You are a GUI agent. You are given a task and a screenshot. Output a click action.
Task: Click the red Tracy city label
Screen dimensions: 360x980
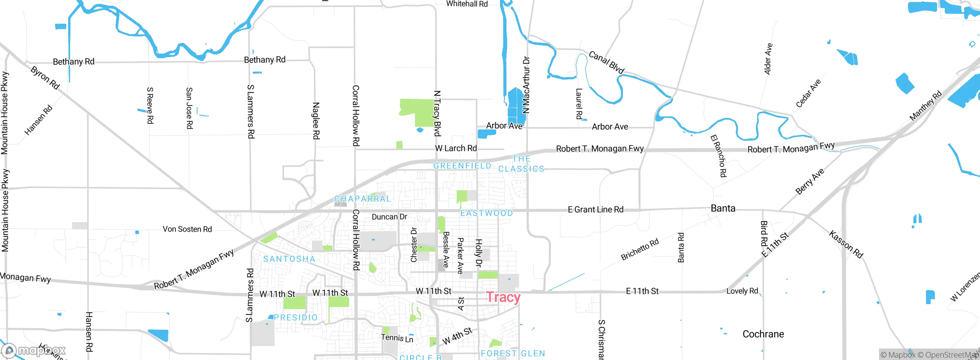click(503, 297)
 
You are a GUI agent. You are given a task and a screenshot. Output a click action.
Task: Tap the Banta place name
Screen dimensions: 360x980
click(723, 208)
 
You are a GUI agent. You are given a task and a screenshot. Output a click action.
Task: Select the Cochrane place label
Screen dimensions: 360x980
click(763, 334)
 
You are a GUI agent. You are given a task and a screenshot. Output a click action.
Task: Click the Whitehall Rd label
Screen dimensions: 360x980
click(467, 4)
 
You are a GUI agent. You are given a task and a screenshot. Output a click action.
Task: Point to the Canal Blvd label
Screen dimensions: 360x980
click(606, 62)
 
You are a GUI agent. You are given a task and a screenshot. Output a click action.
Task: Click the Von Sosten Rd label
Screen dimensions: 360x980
click(187, 229)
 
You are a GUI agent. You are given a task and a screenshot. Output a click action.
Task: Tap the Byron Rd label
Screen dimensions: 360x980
click(45, 78)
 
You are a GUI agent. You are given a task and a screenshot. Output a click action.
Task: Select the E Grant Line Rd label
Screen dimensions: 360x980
click(595, 209)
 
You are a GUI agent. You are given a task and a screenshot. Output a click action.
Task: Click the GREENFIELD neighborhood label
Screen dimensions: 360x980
click(462, 166)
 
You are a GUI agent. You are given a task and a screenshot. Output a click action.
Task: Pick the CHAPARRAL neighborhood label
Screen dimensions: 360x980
click(363, 199)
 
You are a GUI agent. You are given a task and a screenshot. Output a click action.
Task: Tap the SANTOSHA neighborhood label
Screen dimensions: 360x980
click(289, 259)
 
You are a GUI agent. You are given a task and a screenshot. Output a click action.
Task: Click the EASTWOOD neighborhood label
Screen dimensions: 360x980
click(486, 213)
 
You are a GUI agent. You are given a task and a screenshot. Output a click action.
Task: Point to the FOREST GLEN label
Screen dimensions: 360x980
click(513, 353)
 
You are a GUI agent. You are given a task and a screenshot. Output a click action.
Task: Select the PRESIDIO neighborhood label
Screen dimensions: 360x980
click(296, 317)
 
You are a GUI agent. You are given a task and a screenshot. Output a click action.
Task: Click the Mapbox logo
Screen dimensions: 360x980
click(34, 350)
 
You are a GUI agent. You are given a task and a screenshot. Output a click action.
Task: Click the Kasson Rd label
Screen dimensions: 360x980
click(846, 244)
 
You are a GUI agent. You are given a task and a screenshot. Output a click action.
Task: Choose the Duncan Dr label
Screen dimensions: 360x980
click(389, 217)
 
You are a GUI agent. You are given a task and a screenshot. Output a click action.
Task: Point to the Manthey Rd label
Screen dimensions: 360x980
click(925, 106)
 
